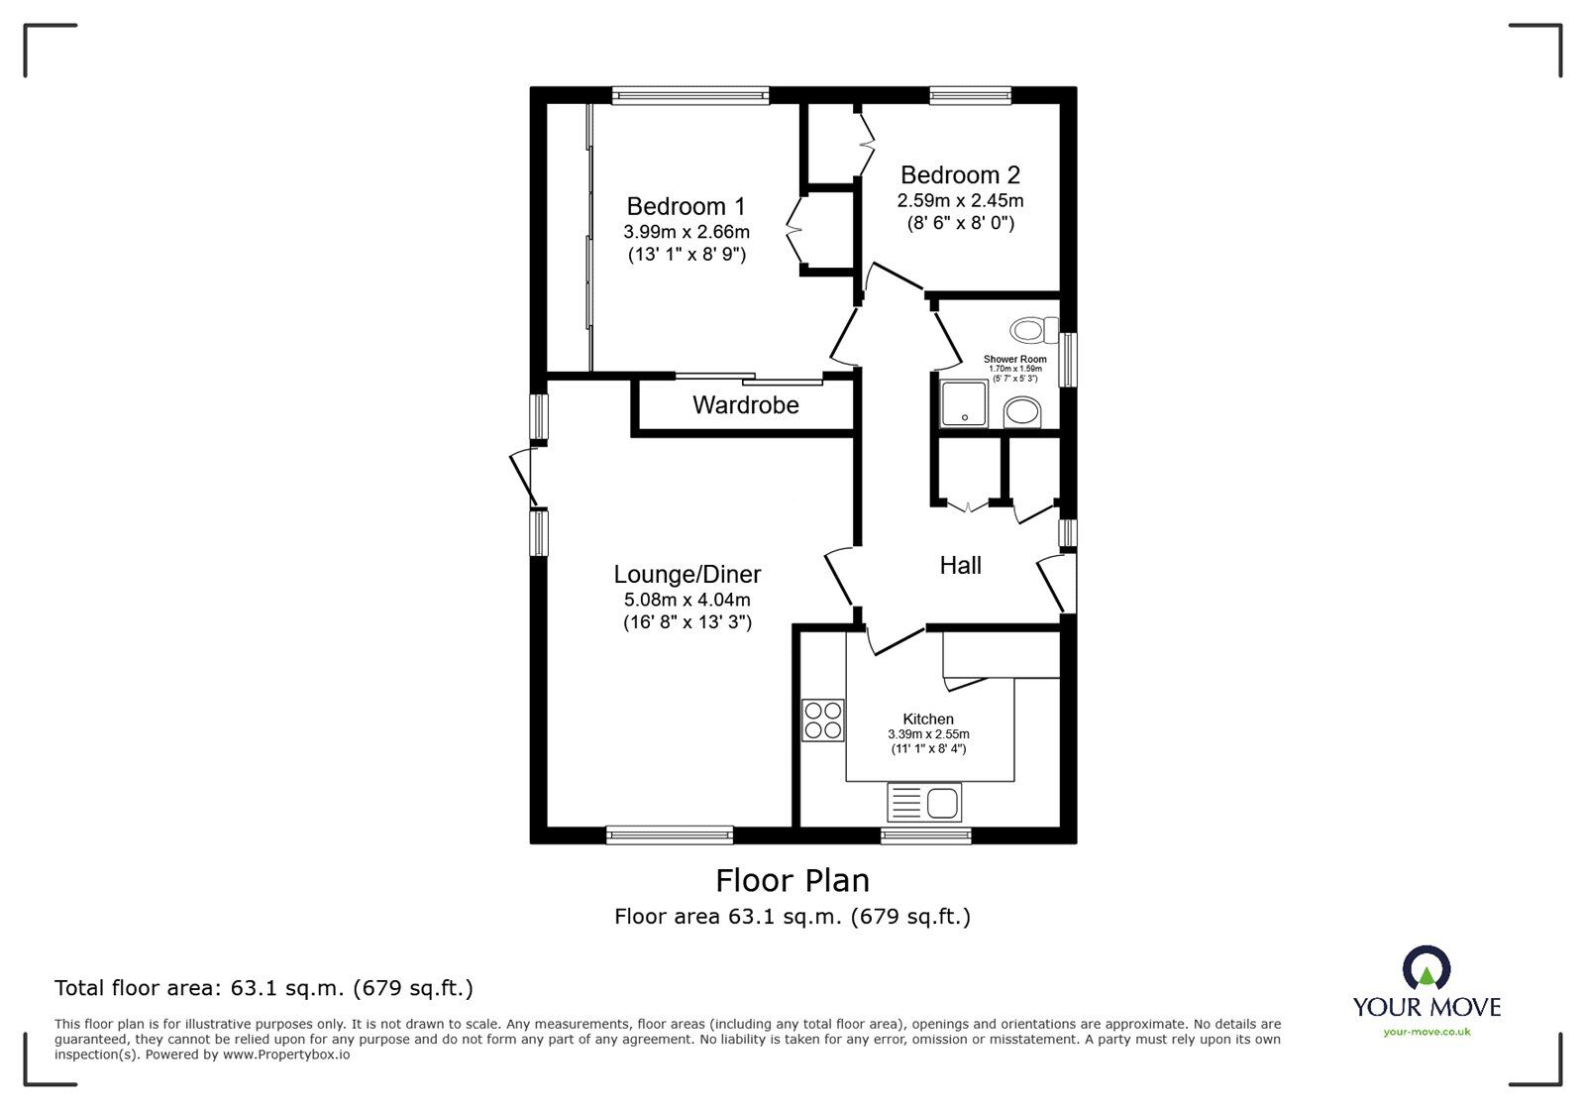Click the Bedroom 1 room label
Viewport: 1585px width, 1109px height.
tap(686, 206)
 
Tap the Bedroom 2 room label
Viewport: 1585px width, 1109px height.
tap(960, 175)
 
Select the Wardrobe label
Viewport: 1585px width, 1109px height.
tap(745, 404)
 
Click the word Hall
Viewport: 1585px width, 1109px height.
tap(960, 565)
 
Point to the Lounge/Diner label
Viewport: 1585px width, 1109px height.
tap(687, 574)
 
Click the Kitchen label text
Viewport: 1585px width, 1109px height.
tap(928, 719)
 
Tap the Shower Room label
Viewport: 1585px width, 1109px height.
tap(1014, 359)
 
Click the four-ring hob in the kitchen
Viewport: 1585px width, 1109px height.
tap(823, 720)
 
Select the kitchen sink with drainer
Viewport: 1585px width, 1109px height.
tap(924, 802)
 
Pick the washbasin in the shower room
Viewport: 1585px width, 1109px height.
tap(1021, 412)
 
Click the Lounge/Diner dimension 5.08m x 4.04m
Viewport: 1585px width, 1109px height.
tap(687, 600)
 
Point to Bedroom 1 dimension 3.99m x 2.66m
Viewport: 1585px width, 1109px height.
tap(686, 232)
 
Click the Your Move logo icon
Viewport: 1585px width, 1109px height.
tap(1426, 968)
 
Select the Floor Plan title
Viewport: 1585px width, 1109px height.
tap(792, 880)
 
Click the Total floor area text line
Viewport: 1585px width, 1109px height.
tap(264, 988)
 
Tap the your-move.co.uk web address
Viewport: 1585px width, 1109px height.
tap(1426, 1032)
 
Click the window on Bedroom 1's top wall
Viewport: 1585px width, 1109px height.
tap(690, 95)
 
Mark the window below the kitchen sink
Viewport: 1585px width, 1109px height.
tap(926, 836)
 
